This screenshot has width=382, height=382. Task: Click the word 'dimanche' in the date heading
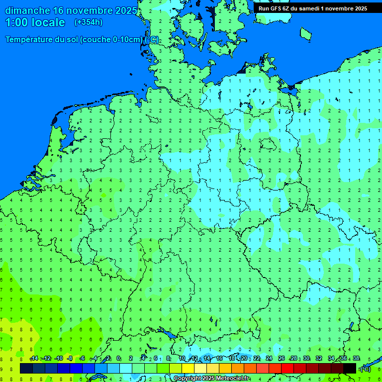(x=28, y=10)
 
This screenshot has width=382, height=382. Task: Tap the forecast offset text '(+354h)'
(x=89, y=22)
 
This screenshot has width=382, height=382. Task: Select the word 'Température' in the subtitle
(x=32, y=40)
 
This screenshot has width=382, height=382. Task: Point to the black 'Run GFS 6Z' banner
(x=312, y=8)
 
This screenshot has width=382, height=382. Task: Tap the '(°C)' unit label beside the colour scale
(x=365, y=369)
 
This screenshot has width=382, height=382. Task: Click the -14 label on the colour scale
(x=34, y=359)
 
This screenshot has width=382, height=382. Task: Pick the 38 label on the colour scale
(x=356, y=359)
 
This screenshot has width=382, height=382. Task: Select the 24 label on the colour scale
(x=269, y=359)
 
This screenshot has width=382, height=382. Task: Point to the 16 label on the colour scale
(x=219, y=359)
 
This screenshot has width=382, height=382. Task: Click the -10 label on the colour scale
(x=58, y=359)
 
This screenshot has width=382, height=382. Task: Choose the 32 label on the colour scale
(x=318, y=359)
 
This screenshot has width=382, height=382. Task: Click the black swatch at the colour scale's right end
(x=350, y=368)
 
